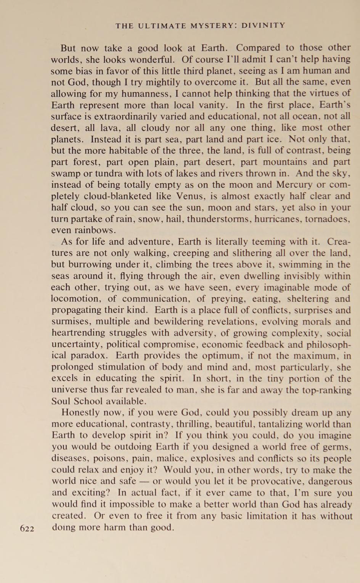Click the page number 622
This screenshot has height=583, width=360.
27,528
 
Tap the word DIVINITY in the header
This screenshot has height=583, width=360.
264,26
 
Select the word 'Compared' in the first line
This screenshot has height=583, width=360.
258,48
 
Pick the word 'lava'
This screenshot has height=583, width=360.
101,128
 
